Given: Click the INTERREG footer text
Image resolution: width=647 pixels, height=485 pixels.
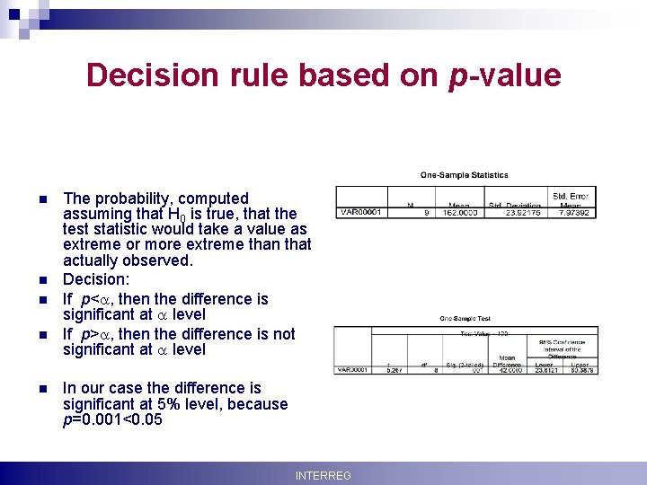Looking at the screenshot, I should point(323,475).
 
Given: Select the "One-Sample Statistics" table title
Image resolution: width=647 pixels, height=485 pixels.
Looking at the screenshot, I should point(465,175).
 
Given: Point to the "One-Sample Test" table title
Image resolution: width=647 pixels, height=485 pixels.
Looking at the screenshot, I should point(465,318).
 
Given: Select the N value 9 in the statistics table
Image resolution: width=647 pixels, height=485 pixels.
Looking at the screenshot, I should point(425,213).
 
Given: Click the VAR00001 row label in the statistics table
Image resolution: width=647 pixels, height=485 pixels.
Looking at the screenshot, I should point(360,213).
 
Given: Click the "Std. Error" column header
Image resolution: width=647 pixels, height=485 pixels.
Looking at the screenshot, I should point(572,195).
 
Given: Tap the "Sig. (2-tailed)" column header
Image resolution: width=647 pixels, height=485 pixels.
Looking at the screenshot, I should point(465,365).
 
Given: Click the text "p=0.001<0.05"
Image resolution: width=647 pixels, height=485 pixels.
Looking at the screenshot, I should point(112,419).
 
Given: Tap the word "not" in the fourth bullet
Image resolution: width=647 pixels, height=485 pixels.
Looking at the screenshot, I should point(283,334).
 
